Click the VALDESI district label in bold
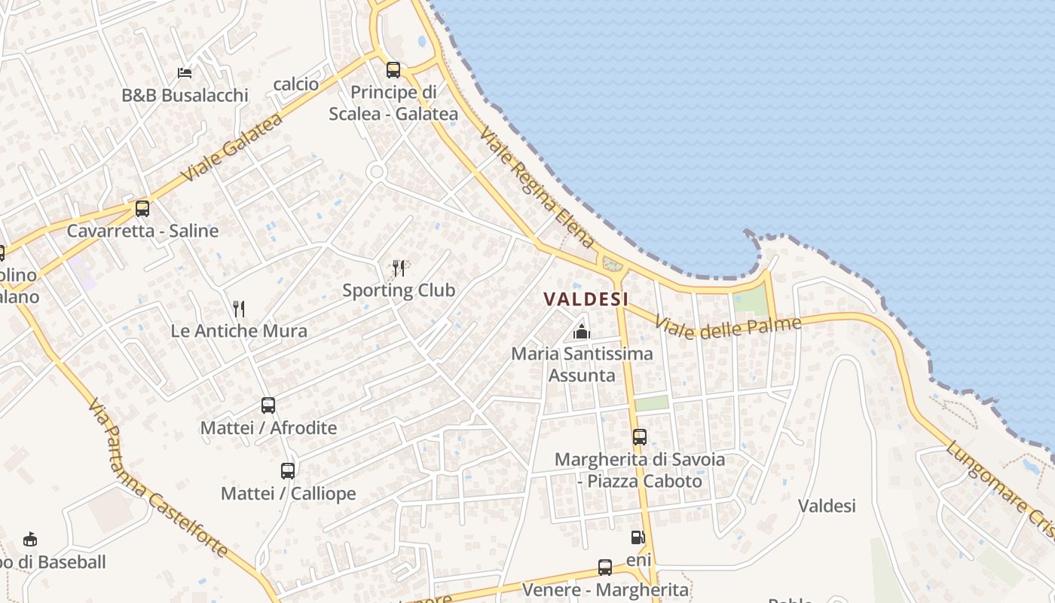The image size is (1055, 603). point(586,298)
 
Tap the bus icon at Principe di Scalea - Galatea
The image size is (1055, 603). point(393,70)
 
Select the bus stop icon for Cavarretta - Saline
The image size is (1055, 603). point(142,209)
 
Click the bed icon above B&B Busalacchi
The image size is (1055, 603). point(185,73)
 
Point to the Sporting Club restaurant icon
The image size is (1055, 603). point(399,268)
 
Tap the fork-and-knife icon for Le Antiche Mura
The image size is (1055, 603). point(239,308)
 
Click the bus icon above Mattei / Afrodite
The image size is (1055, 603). point(268,406)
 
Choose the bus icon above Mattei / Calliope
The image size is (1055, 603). point(288,471)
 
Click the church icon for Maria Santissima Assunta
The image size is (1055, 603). point(581,331)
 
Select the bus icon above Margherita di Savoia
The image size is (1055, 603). point(640,437)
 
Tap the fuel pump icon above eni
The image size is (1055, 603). point(638,537)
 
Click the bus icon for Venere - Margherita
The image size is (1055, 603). point(605,568)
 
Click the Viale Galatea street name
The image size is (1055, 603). point(232,147)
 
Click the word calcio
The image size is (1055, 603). point(296,84)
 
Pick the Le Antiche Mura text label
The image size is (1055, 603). point(239,331)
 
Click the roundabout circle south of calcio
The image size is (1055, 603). point(377,173)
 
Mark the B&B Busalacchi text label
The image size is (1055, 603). point(185,95)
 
